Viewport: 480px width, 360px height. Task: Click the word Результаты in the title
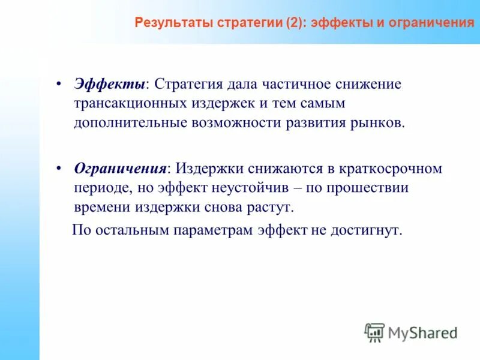(x=167, y=23)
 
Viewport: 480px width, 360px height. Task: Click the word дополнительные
(x=125, y=124)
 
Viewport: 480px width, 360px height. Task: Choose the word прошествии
(x=368, y=188)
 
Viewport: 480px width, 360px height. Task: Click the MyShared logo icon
(x=374, y=332)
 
